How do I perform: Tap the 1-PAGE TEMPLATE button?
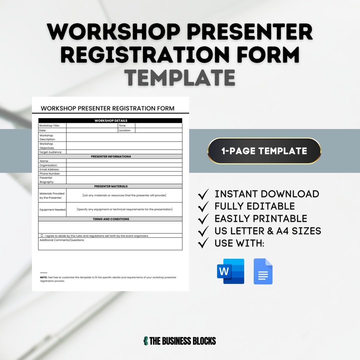pos(264,151)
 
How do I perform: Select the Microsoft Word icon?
pos(230,271)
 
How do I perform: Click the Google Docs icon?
pos(263,271)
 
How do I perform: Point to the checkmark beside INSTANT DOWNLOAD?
pos(203,194)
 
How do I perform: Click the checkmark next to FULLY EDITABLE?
pos(203,206)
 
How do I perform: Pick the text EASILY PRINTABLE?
pos(261,219)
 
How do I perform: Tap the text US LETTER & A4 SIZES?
pos(268,231)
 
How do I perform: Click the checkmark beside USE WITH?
pos(203,243)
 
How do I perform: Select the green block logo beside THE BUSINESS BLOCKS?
pos(145,341)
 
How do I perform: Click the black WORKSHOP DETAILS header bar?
pos(110,121)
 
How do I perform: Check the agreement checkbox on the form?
pos(42,236)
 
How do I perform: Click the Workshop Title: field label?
pos(49,126)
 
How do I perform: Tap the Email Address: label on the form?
pos(49,169)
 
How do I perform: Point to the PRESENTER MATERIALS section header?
pos(110,186)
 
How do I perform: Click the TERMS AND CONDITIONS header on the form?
pos(110,219)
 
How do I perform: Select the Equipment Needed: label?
pos(52,210)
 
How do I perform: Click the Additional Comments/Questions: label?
pos(62,240)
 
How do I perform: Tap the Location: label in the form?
pos(125,131)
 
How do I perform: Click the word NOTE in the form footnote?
pos(43,277)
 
